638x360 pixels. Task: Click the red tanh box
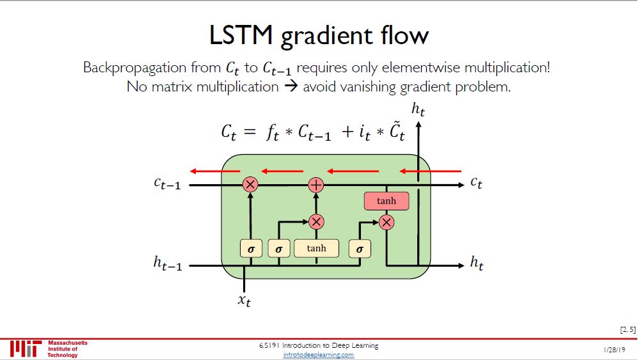click(386, 201)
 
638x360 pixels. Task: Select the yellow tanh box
click(316, 248)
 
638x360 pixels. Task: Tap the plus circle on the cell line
click(316, 185)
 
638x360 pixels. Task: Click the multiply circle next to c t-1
click(250, 185)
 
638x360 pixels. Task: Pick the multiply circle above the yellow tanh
click(316, 222)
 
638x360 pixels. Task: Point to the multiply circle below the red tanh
click(386, 222)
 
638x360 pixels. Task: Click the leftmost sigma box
click(250, 249)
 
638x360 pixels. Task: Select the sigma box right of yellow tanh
click(359, 249)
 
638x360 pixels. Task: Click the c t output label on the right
click(476, 183)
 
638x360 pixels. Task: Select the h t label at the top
click(419, 109)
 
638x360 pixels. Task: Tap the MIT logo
click(25, 348)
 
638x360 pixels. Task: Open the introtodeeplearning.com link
click(318, 354)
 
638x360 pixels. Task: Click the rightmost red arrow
click(429, 171)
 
